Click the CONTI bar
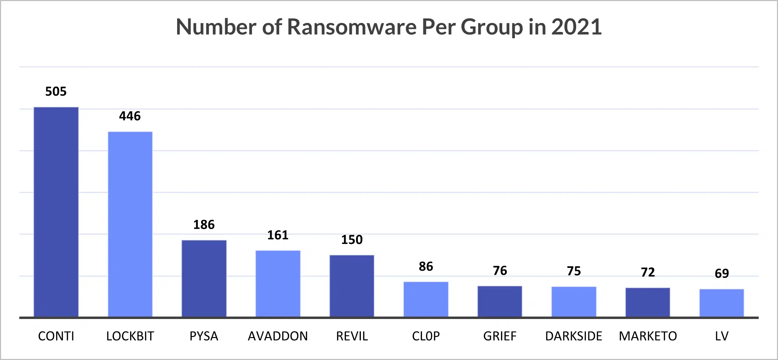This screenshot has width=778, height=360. pos(56,212)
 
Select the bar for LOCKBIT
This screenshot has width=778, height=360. pos(130,224)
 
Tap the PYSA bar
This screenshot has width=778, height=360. pos(204,278)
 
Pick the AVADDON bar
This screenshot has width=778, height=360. pos(278,284)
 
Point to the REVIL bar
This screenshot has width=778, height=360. pos(352,286)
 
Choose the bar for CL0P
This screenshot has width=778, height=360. pos(426,299)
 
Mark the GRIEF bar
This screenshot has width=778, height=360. pos(500,301)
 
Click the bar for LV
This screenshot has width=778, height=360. pos(722,303)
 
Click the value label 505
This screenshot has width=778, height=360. pos(56,91)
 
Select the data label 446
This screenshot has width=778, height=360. pos(130,116)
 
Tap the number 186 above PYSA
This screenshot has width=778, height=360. pos(204,225)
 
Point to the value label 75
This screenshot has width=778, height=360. pos(574,271)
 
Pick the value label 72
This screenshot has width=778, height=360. pos(648,272)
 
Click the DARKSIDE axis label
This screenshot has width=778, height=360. pos(574,336)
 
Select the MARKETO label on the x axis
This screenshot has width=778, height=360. pos(648,336)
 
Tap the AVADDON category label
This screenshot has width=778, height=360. pos(278,336)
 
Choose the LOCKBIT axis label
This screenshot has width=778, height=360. pos(130,336)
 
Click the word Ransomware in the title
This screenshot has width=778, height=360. pos(351,27)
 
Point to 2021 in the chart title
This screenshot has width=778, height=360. pos(576,27)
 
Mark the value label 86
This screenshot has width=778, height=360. pos(426,267)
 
